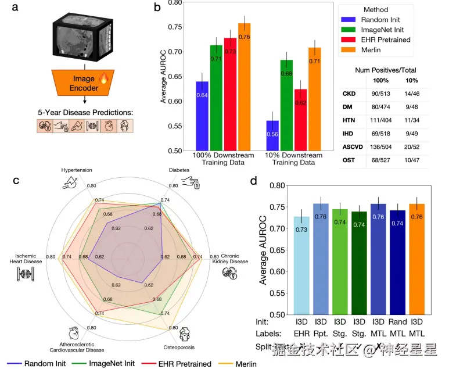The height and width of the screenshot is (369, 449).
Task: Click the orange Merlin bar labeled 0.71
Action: (315, 99)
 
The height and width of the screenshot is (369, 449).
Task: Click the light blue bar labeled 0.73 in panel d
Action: (301, 265)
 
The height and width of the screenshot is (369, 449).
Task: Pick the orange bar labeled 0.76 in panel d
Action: (416, 259)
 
